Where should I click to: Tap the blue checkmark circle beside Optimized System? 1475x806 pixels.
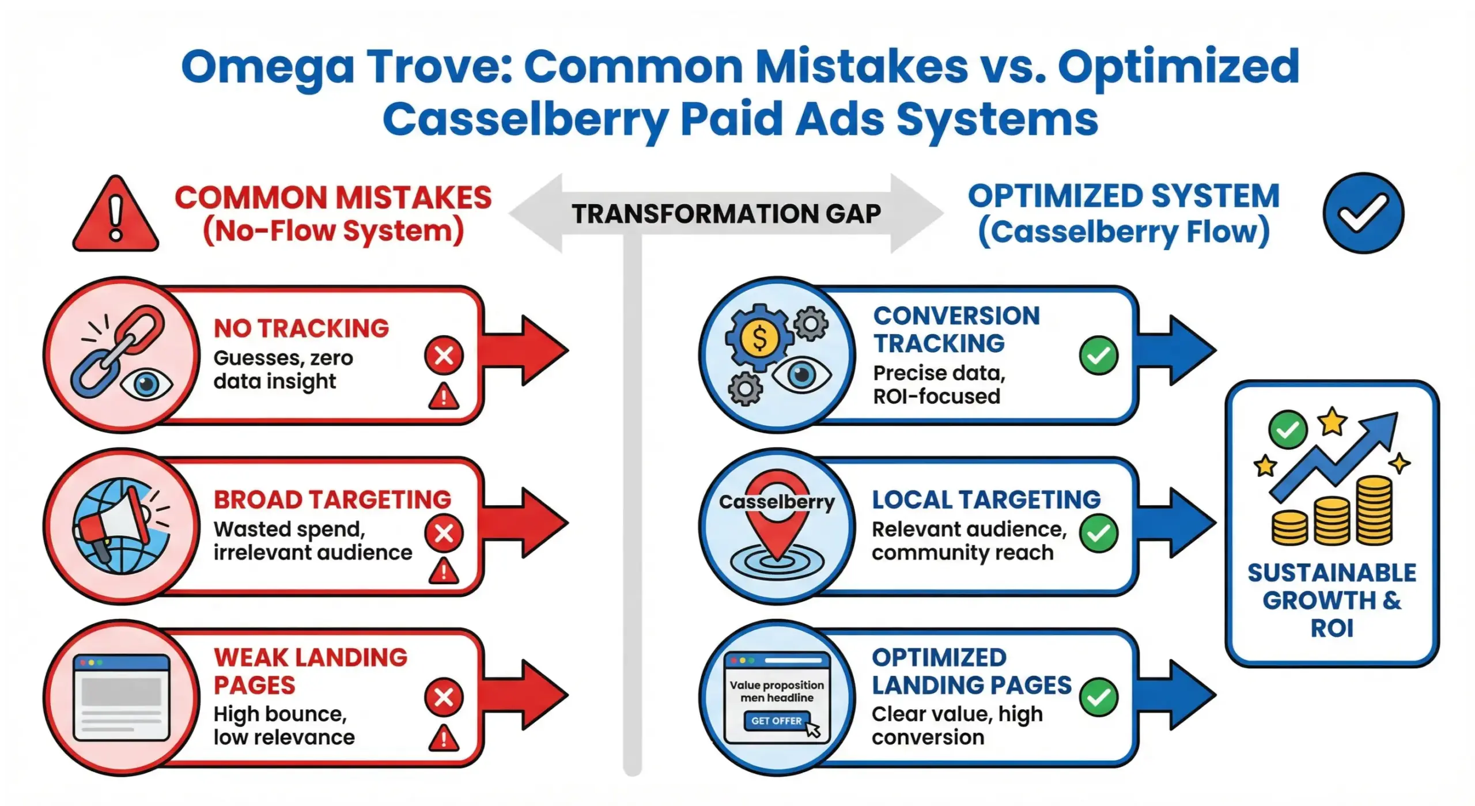(x=1363, y=213)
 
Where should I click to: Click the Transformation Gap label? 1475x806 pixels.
(x=726, y=214)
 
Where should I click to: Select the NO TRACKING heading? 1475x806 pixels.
(x=301, y=328)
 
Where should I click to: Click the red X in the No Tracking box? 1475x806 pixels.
(x=444, y=355)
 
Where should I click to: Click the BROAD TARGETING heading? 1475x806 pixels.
(x=332, y=500)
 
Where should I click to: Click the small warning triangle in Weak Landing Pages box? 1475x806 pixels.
(x=444, y=739)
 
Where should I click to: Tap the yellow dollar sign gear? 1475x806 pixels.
(x=759, y=339)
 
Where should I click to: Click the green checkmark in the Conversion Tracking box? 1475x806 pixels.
(x=1098, y=355)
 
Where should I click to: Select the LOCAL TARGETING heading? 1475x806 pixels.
(x=986, y=500)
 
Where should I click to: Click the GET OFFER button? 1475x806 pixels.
(x=776, y=721)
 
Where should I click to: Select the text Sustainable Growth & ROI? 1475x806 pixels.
(x=1332, y=600)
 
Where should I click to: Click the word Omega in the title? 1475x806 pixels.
(x=267, y=67)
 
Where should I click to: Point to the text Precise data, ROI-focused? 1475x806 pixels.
(x=939, y=385)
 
